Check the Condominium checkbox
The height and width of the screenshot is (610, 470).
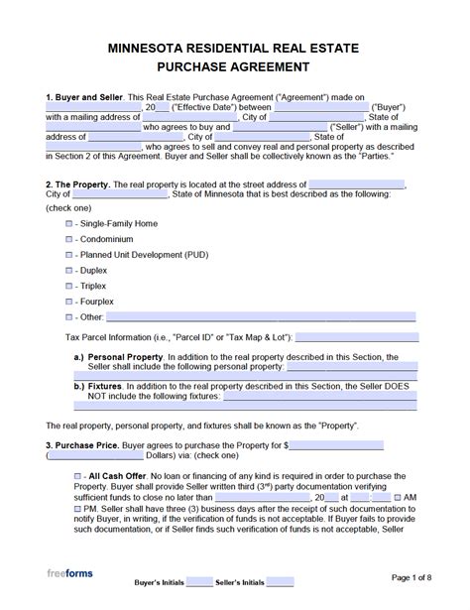coord(68,248)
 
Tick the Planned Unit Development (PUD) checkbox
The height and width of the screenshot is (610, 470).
coord(68,271)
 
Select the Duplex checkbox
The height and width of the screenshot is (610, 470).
coord(68,294)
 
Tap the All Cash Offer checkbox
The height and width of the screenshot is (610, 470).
coord(78,477)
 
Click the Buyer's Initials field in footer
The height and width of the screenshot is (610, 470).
coord(199,581)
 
